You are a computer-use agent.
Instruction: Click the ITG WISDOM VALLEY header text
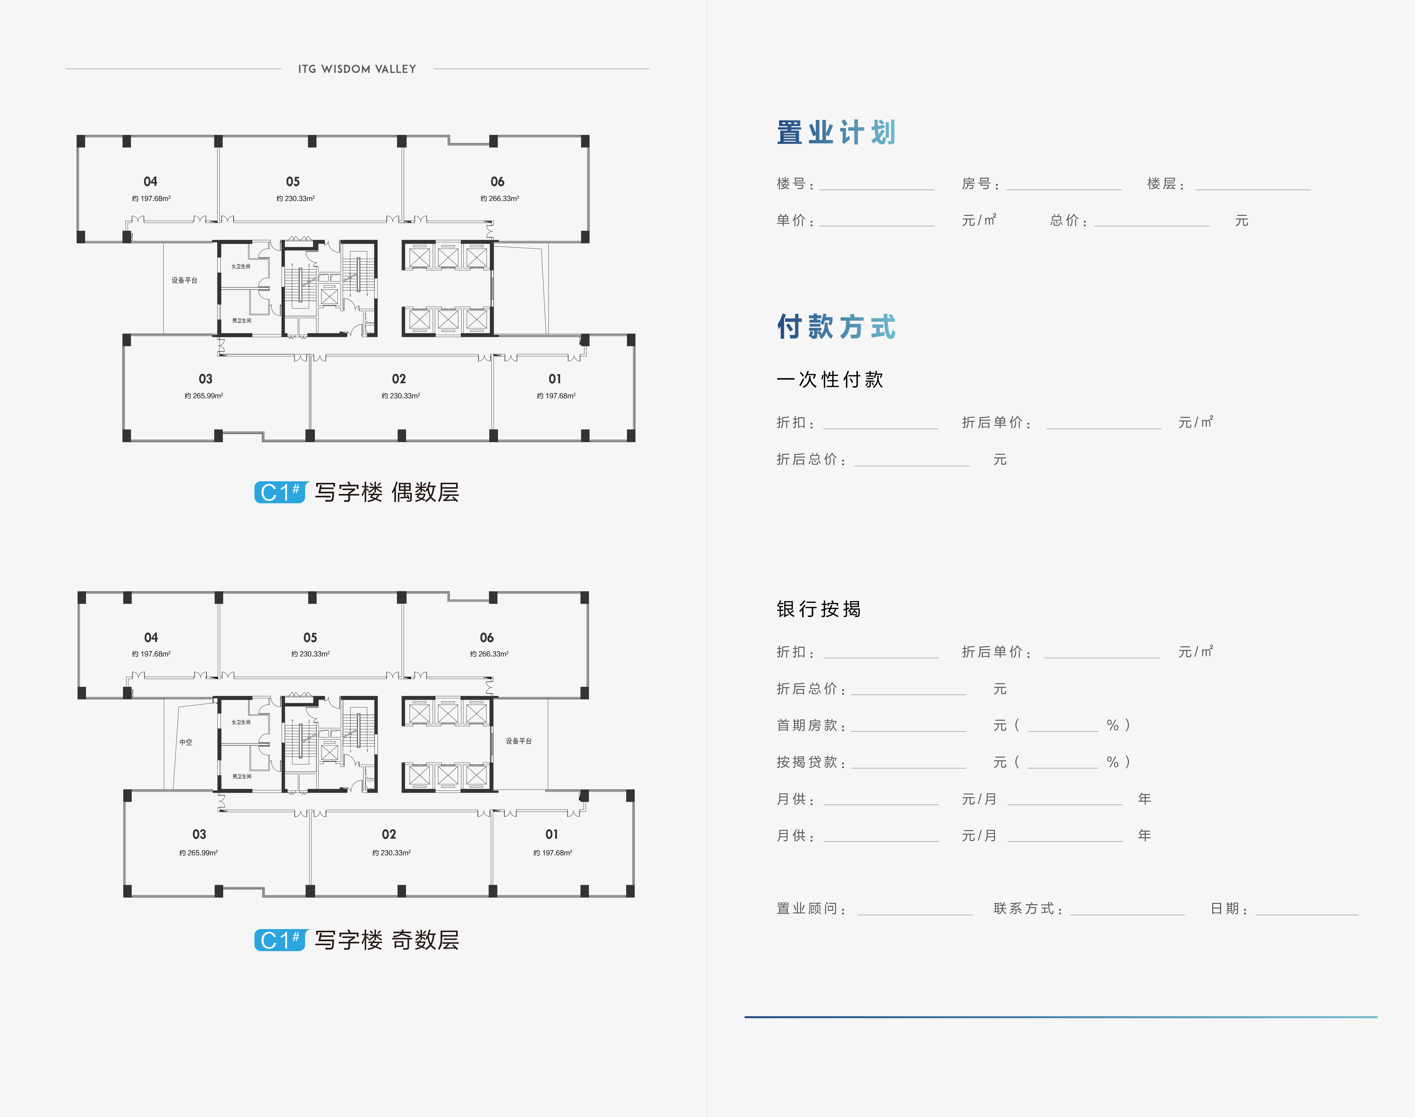[x=357, y=69]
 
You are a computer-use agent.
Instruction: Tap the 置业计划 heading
[x=836, y=133]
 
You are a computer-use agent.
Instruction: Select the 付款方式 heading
[x=836, y=326]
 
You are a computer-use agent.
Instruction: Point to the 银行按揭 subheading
[x=819, y=609]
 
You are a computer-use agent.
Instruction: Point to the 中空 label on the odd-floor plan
[x=186, y=742]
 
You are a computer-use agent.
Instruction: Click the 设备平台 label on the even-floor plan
[x=184, y=280]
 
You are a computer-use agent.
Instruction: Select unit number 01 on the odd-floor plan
[x=552, y=835]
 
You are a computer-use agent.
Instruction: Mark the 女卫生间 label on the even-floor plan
[x=241, y=266]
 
